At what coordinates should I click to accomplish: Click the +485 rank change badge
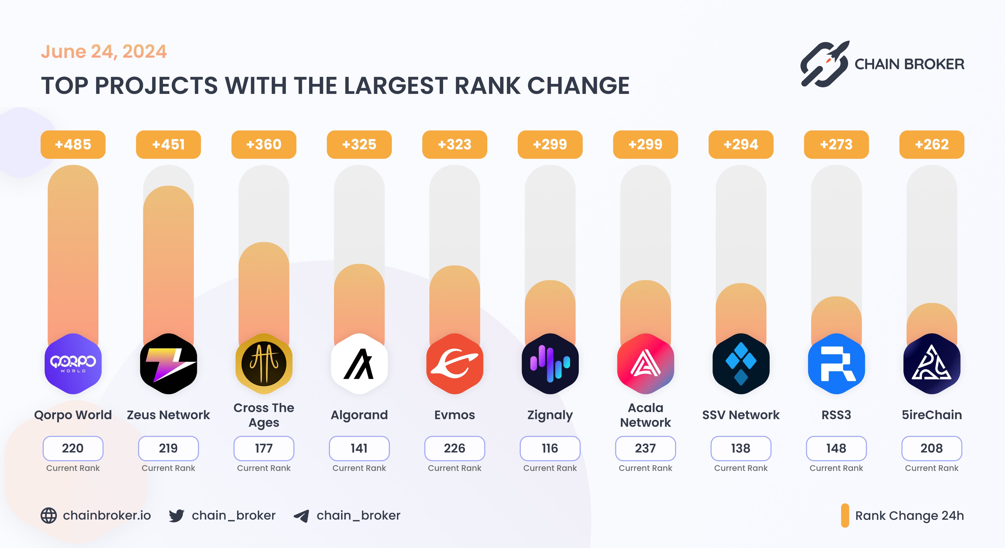(73, 144)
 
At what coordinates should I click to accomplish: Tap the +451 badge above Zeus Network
(168, 144)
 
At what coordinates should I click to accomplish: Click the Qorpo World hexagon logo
(73, 364)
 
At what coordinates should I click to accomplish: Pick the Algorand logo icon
(359, 364)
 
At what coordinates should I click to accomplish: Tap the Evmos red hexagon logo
(454, 364)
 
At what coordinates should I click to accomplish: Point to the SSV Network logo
(741, 364)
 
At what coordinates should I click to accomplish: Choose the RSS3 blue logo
(836, 364)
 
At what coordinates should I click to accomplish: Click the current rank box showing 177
(264, 448)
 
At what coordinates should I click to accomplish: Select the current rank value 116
(550, 448)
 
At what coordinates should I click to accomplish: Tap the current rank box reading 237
(645, 448)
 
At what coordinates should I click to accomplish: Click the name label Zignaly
(550, 415)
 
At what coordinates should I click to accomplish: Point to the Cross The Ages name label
(264, 415)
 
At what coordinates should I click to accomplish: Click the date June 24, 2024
(104, 52)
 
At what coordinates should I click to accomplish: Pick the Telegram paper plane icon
(302, 516)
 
